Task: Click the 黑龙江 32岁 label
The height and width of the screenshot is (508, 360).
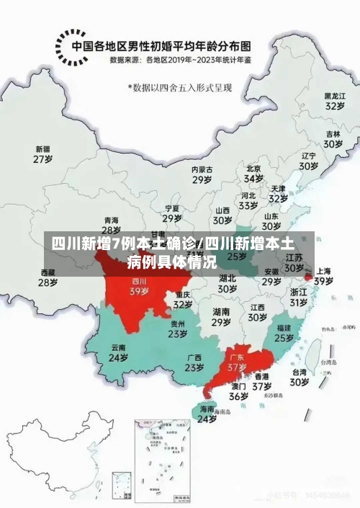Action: (x=333, y=100)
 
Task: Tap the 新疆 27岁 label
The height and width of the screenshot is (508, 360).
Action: (x=43, y=153)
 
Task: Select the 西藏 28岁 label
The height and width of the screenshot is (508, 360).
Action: (x=48, y=277)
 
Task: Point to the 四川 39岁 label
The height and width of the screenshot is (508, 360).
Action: (x=139, y=286)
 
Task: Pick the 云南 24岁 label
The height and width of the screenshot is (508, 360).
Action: (x=118, y=352)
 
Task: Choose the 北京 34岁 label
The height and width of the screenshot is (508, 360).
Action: (x=253, y=174)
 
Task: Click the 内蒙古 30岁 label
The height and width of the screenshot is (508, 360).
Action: (x=202, y=174)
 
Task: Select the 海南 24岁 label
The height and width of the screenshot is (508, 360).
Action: (x=207, y=414)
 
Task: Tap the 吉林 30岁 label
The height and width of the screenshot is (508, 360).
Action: (x=332, y=139)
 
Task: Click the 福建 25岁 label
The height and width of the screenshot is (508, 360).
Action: (x=284, y=332)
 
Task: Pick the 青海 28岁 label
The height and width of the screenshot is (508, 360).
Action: (x=111, y=225)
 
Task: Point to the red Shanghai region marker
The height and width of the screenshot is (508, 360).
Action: (x=308, y=275)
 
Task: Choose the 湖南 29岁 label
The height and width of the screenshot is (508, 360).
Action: (x=221, y=317)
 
